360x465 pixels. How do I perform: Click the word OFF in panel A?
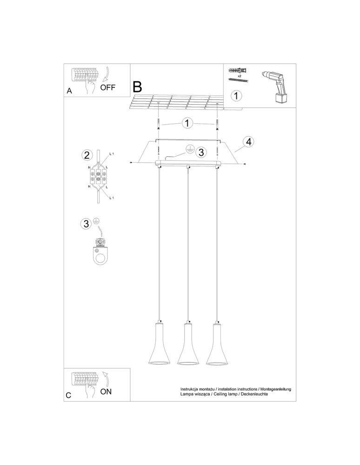(x=107, y=87)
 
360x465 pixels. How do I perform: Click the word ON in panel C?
(x=106, y=392)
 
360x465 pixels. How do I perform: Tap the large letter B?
(x=138, y=86)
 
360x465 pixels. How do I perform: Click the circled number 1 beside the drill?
(x=237, y=96)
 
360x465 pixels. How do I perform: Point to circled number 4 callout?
(x=249, y=142)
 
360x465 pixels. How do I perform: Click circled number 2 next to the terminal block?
(x=86, y=155)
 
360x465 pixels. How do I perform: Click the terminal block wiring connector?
(x=98, y=176)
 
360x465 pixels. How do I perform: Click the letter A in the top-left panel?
(x=69, y=91)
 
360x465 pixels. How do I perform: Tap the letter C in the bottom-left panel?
(x=69, y=396)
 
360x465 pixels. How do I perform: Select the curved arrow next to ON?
(x=107, y=379)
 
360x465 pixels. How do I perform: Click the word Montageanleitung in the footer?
(x=272, y=388)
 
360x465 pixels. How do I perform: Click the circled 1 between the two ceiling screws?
(x=187, y=123)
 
